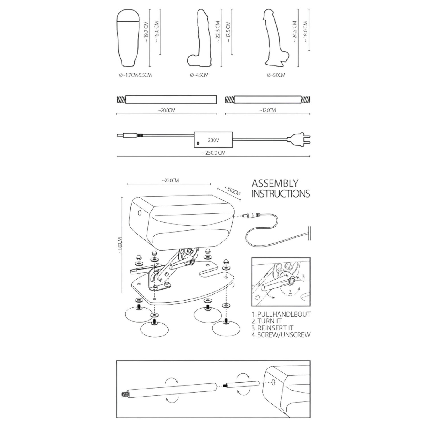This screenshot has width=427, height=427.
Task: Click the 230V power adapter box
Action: (213, 140)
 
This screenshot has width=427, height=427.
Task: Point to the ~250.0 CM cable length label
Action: (213, 153)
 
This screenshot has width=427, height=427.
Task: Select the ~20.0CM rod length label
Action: (167, 110)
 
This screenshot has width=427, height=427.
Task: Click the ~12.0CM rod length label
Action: (267, 110)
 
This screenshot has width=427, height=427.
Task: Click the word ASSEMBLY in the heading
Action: (275, 183)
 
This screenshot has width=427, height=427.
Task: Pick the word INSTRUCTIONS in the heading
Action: (281, 194)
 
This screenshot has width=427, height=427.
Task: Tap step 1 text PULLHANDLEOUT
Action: (281, 314)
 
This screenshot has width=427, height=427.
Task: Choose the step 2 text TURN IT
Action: (267, 321)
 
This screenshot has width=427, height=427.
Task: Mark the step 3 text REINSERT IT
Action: (272, 328)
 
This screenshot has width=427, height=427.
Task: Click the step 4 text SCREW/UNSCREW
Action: (281, 335)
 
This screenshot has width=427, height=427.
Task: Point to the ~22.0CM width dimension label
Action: (170, 180)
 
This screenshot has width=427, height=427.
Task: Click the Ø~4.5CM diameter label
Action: (199, 75)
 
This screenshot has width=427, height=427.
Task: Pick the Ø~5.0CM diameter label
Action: (276, 75)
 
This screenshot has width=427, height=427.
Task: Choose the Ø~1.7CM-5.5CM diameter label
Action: (135, 75)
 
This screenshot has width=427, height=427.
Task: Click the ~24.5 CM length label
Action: (294, 32)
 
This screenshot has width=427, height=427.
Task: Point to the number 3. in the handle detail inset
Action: (304, 276)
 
